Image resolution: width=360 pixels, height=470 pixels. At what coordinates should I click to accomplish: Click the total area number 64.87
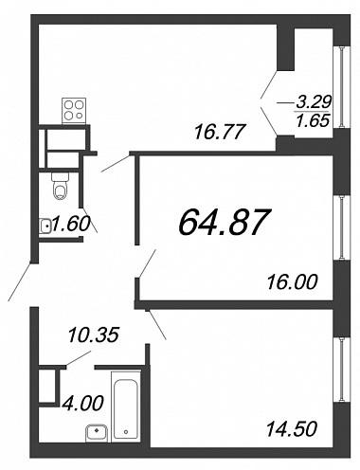coord(225,223)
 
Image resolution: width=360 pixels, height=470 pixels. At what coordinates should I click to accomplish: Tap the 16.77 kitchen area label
coord(220,132)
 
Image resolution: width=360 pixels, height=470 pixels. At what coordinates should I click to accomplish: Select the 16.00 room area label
coord(292,281)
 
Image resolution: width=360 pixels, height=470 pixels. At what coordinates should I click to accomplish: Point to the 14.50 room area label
coord(292,429)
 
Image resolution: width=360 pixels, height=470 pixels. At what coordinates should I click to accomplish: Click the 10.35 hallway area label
coord(94,334)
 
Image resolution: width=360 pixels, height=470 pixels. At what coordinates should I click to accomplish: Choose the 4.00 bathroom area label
coord(82,404)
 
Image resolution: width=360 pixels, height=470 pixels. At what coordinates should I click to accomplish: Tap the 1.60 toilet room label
coord(71,224)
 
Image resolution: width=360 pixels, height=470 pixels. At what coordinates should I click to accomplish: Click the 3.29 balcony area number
coord(314,101)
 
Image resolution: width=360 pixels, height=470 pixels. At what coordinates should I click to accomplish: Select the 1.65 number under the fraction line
coord(313,120)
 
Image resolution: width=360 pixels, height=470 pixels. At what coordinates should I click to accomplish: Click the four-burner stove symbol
coord(74,111)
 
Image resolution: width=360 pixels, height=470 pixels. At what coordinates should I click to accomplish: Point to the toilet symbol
coord(60,186)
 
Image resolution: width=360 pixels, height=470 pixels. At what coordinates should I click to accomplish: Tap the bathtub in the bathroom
coord(126,407)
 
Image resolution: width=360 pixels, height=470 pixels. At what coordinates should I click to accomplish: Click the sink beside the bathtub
coord(97,433)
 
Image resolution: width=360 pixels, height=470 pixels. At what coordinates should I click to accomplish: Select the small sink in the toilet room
coord(45,226)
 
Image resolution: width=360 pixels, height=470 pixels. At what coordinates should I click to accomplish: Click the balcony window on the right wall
coord(342,87)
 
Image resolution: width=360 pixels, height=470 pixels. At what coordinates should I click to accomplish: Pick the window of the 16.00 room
coord(342,227)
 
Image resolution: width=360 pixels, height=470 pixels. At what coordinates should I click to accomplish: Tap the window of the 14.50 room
coord(342,370)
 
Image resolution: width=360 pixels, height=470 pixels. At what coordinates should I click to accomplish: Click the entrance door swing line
coord(20,281)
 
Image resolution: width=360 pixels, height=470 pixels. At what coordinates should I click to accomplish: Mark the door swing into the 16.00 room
coord(148,263)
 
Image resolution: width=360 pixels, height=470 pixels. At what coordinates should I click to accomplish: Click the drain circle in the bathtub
coord(126,431)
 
